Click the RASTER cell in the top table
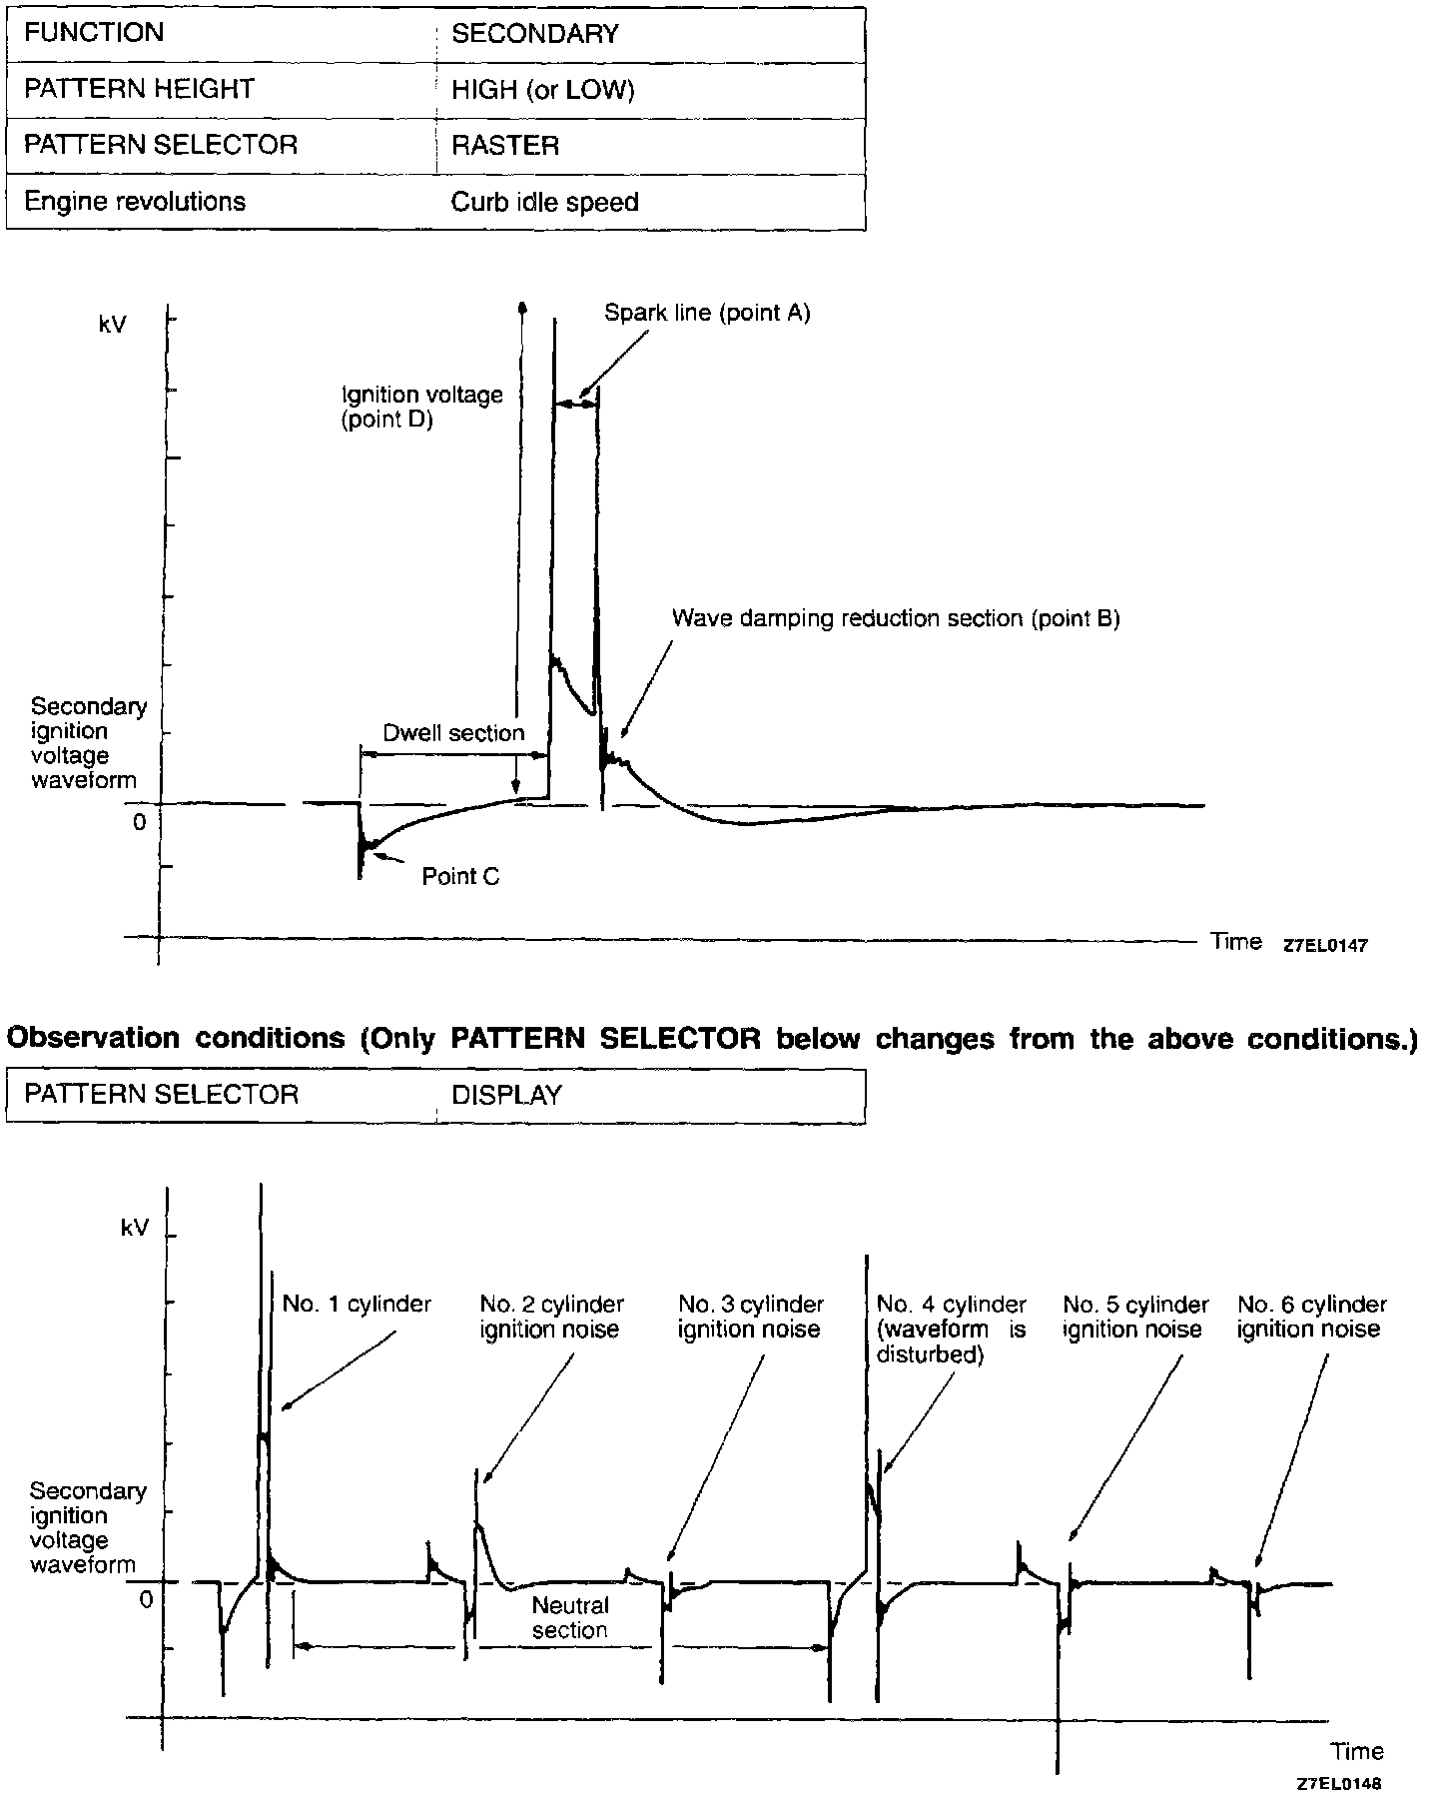click(505, 146)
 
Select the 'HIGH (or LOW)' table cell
click(543, 90)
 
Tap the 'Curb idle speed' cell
click(544, 202)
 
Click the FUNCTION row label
click(94, 33)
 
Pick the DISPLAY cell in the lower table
click(506, 1095)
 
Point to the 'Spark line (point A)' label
click(707, 313)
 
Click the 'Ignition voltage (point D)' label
click(421, 407)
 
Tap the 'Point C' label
click(460, 876)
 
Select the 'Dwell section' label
click(453, 732)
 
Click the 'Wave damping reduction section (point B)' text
click(896, 618)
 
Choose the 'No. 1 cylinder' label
click(357, 1304)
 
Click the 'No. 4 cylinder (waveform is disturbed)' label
click(951, 1329)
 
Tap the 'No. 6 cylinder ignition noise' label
click(1311, 1317)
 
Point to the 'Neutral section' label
click(570, 1617)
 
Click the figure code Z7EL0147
click(1325, 945)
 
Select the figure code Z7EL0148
click(1339, 1784)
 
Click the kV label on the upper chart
click(113, 325)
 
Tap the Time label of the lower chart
click(1357, 1751)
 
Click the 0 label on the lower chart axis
click(146, 1600)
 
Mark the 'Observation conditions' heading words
click(175, 1038)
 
